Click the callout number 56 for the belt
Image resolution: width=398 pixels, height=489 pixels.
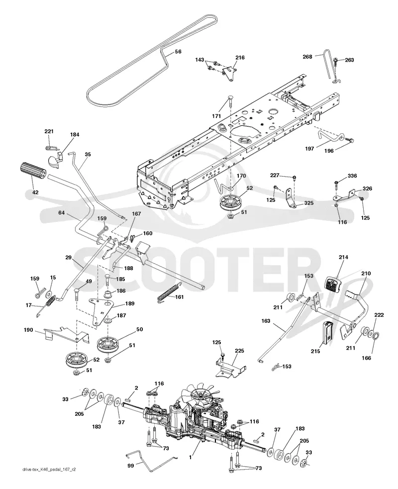click(178, 52)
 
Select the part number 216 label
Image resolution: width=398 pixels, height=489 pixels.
click(240, 57)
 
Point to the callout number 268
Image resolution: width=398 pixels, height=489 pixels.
click(307, 57)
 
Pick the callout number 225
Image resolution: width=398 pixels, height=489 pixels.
click(240, 351)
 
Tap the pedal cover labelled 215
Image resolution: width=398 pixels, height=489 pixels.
click(327, 332)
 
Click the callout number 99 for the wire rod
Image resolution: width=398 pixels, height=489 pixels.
click(131, 466)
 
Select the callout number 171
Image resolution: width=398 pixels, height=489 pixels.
click(216, 116)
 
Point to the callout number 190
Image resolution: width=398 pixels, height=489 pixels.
click(28, 330)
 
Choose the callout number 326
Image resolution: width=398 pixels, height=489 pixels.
click(367, 189)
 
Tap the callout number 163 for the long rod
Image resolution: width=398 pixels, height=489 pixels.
click(266, 321)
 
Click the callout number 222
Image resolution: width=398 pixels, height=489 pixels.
click(379, 315)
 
